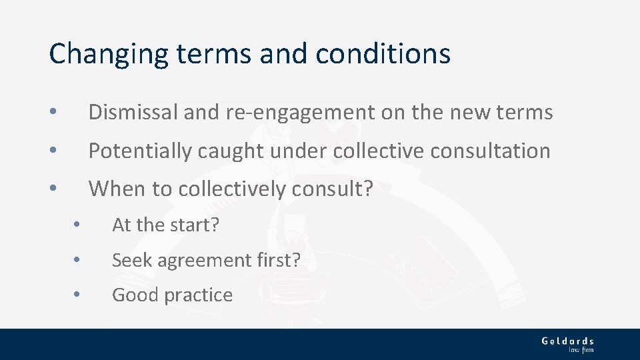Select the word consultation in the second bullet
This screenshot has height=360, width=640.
pyautogui.click(x=490, y=151)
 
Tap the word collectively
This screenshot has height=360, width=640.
pyautogui.click(x=233, y=189)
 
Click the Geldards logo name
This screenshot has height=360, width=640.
pyautogui.click(x=567, y=341)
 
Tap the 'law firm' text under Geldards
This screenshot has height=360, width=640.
pyautogui.click(x=581, y=349)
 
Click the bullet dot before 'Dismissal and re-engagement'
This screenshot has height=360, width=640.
pyautogui.click(x=54, y=112)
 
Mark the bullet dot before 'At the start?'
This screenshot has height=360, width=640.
pyautogui.click(x=78, y=225)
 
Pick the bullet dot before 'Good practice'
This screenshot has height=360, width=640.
pyautogui.click(x=78, y=295)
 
